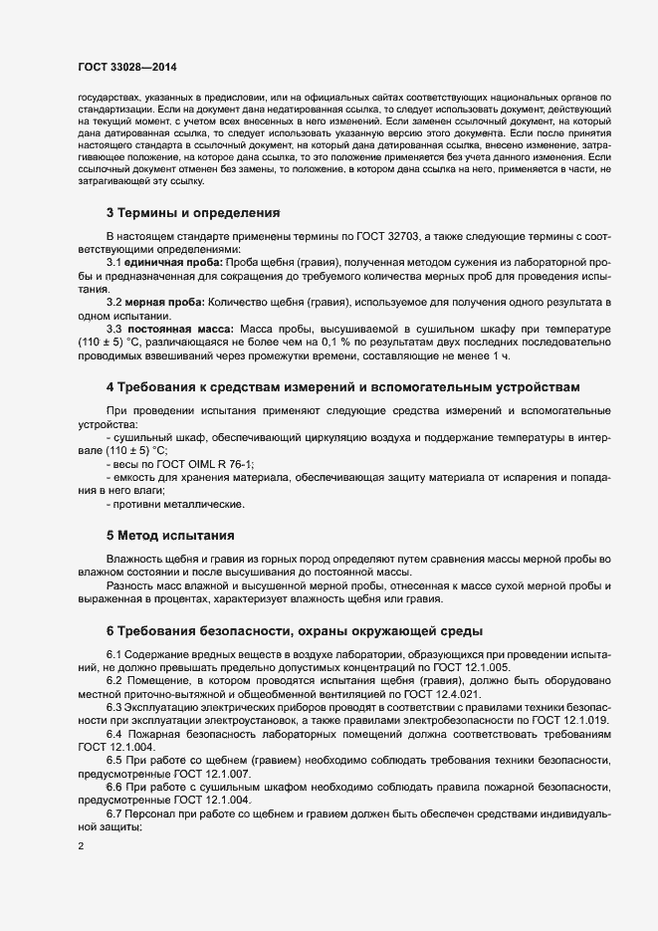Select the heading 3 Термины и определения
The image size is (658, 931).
194,212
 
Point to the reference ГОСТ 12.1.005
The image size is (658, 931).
473,666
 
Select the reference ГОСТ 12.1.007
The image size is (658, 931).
204,774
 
